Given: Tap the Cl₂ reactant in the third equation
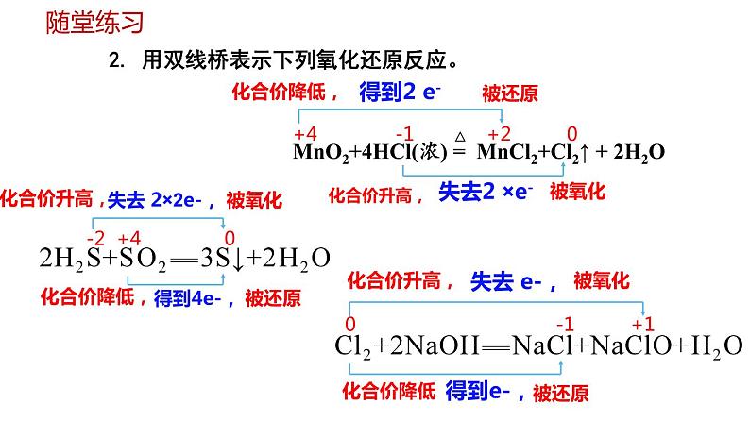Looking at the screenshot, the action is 350,346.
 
